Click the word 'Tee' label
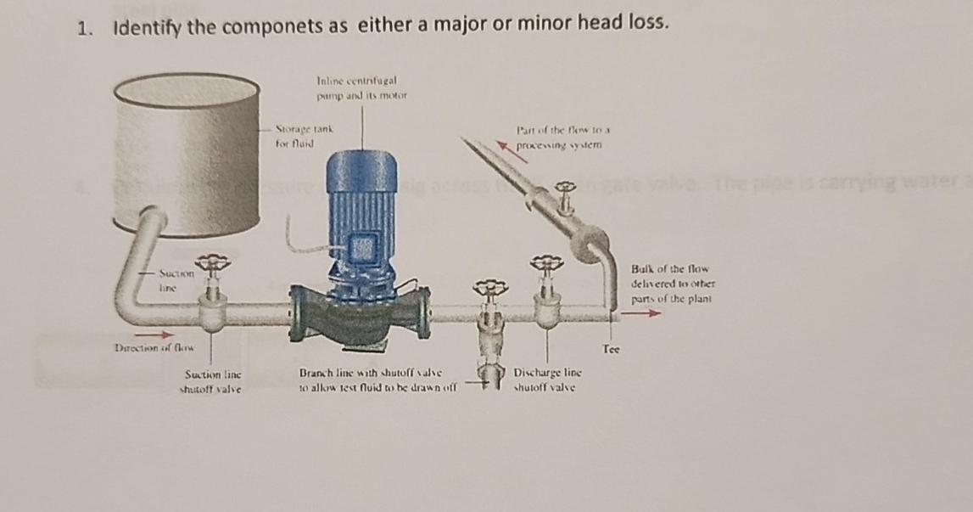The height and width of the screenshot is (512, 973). click(x=611, y=348)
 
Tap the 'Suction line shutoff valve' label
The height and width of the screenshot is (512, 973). click(x=213, y=381)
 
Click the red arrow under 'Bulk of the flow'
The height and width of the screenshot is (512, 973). click(x=642, y=313)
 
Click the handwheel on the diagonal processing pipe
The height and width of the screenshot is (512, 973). click(x=563, y=186)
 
